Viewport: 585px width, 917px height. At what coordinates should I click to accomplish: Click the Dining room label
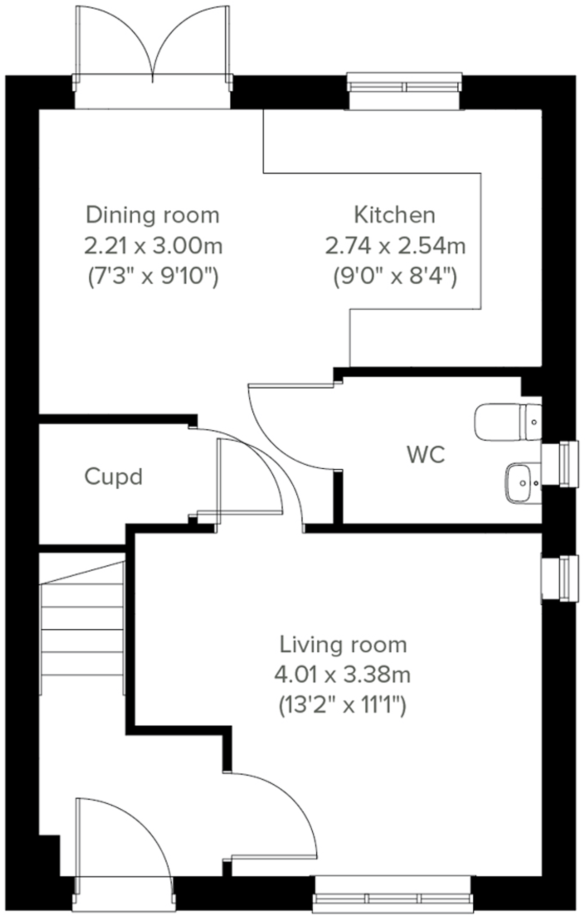coord(152,215)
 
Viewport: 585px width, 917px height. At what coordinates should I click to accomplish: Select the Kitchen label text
coord(394,215)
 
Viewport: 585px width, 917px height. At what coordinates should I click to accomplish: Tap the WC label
coord(426,454)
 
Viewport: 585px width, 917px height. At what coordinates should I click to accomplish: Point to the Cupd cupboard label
coord(113,477)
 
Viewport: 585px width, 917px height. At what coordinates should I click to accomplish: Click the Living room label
coord(343,645)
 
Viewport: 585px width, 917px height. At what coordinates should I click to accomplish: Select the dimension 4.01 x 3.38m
coord(342,675)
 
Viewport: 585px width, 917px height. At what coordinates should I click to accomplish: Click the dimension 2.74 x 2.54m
coord(395,246)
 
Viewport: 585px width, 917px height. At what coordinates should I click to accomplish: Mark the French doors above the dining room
coord(153,56)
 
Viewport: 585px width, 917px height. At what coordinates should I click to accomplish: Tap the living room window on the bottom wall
coord(393,898)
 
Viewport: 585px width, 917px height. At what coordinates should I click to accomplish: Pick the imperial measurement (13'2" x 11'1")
coord(342,706)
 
